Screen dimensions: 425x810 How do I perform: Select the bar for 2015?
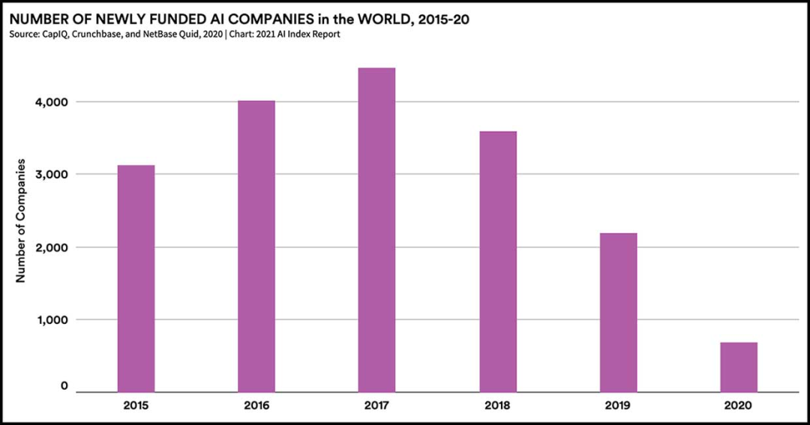(136, 278)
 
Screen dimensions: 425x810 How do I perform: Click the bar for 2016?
(256, 246)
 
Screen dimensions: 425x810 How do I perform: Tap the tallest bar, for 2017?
(376, 229)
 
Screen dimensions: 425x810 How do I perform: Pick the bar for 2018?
(497, 262)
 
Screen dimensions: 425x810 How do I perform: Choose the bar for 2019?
(618, 313)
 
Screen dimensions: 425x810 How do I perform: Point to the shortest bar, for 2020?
(739, 367)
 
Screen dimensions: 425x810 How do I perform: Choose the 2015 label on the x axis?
(136, 406)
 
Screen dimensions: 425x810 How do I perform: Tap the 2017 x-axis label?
(376, 406)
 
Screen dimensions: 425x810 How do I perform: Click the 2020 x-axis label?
(739, 406)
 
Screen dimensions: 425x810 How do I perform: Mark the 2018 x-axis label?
(497, 406)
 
